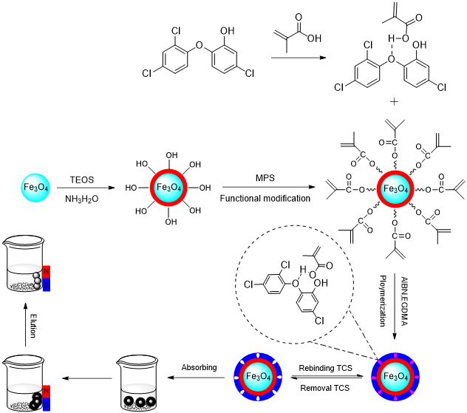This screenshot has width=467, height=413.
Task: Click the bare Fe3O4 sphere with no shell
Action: tap(35, 188)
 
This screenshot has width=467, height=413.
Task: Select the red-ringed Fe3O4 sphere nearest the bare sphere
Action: tap(168, 188)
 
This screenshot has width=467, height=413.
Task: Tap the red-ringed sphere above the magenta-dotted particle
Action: tap(395, 189)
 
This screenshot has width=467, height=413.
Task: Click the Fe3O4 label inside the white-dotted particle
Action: tap(258, 377)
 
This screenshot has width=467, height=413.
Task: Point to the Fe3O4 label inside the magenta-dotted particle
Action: tap(395, 377)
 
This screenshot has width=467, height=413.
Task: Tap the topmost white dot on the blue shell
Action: tap(258, 356)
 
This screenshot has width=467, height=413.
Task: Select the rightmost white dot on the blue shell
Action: tap(279, 377)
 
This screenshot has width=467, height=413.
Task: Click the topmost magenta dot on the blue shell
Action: tap(395, 356)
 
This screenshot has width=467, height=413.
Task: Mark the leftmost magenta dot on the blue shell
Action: tap(374, 377)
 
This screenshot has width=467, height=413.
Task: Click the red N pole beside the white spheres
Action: tap(47, 272)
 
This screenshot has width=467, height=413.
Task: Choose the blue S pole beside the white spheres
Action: tap(47, 285)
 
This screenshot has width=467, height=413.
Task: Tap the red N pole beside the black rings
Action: tap(47, 391)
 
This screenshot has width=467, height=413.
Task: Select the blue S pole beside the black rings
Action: tap(47, 404)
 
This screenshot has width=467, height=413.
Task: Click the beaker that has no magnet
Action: tap(138, 397)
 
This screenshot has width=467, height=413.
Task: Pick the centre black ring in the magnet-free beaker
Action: tap(139, 402)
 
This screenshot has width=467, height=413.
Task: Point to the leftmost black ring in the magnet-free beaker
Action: tap(129, 402)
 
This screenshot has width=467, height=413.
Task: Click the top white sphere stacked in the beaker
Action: tap(36, 275)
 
